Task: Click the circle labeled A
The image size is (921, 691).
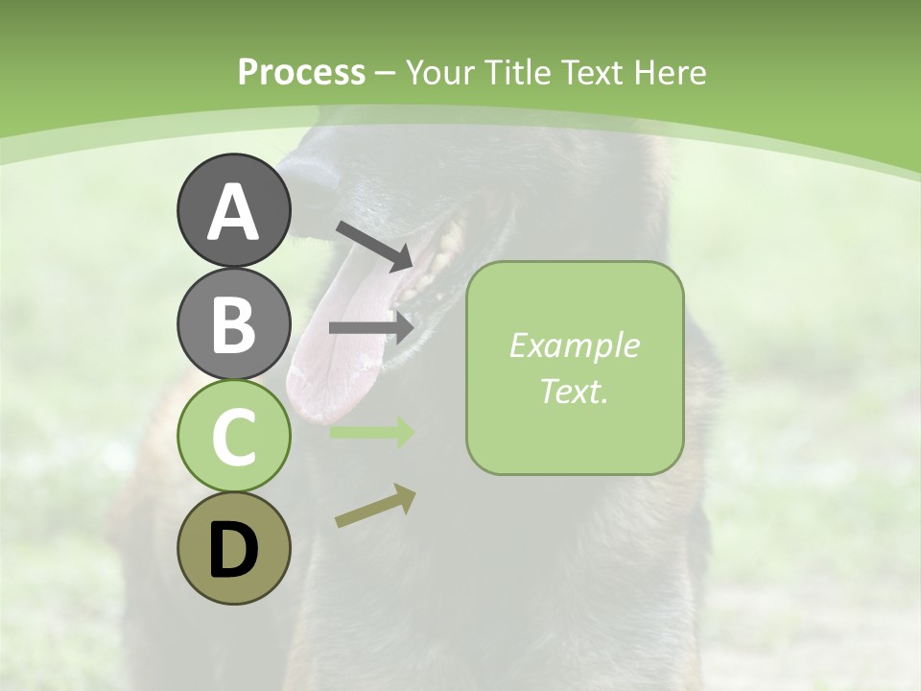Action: (233, 210)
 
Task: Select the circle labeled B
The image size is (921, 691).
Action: (233, 323)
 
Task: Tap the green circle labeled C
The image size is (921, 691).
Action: (233, 437)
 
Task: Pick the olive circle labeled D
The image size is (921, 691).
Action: (233, 549)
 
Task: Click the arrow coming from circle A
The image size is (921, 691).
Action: (374, 246)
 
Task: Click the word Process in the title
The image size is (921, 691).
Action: (301, 72)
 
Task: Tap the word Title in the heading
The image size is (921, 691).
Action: (517, 72)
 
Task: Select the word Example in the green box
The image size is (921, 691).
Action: (574, 345)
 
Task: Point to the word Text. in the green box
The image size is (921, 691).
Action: (574, 391)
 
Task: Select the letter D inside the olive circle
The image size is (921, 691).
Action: (233, 551)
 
